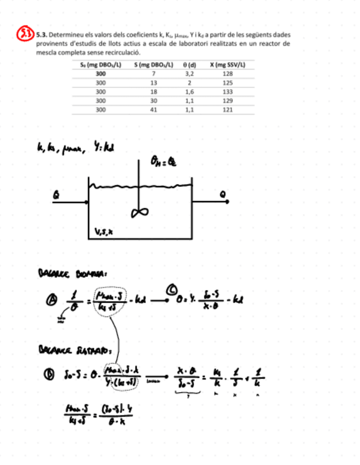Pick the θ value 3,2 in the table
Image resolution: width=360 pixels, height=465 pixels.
click(190, 73)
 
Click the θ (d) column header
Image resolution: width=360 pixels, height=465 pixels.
click(190, 65)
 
